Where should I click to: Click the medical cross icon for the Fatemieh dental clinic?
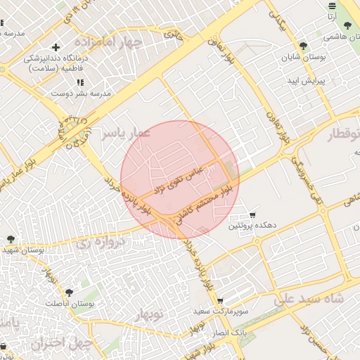[x=56, y=47]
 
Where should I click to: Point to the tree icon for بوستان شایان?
[x=303, y=46]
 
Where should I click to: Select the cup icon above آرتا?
[x=332, y=6]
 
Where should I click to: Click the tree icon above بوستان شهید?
[x=11, y=239]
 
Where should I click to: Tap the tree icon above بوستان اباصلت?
[x=68, y=292]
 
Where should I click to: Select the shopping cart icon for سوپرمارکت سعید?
[x=219, y=300]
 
